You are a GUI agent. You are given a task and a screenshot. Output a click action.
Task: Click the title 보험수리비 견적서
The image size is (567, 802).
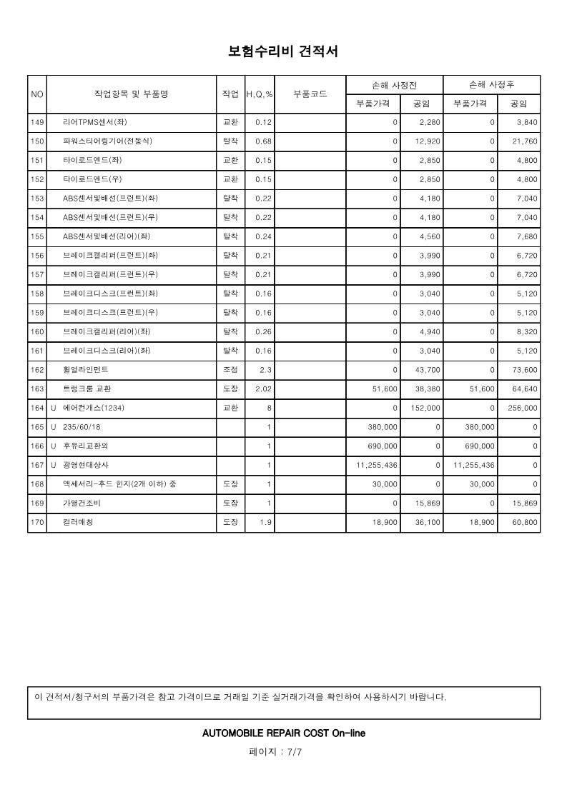point(282,52)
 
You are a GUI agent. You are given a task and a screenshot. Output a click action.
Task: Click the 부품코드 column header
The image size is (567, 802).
point(310,94)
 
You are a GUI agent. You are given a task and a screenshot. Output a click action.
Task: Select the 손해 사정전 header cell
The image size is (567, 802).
point(395,85)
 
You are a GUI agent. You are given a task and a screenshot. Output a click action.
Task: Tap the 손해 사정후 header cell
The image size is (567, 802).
point(491,85)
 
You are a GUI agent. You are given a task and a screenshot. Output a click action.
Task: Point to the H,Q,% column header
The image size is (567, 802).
point(260,94)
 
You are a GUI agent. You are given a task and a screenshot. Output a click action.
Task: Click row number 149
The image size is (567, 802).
point(37,122)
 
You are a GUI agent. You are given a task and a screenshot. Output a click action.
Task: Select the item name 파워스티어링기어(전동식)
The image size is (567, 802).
point(107,141)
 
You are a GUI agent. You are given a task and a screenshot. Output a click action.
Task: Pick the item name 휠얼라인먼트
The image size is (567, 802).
point(86,370)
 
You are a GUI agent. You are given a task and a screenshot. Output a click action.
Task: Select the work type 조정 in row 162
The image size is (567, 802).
point(231,370)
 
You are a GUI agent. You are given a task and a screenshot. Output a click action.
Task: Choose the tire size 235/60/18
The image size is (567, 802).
point(82,427)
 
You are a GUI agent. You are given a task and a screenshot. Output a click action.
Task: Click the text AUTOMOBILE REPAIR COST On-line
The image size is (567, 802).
point(284,733)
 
